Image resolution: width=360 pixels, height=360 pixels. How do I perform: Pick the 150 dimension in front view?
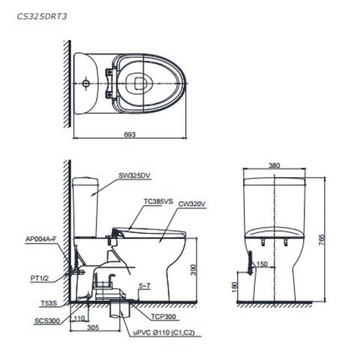(x=262, y=263)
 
